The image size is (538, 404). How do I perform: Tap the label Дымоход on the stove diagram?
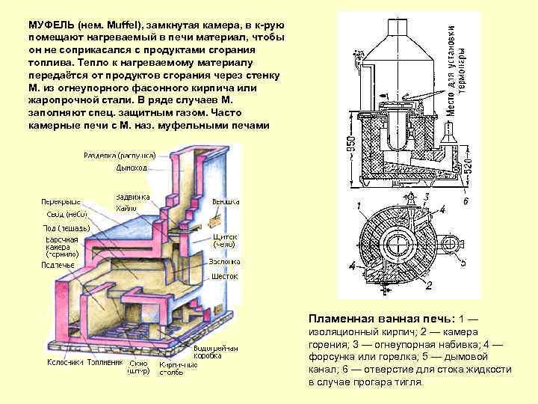coord(132,168)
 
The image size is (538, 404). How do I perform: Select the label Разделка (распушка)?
coord(120,155)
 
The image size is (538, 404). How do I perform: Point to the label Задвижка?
coord(131,197)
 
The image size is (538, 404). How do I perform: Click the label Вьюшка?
coord(225,201)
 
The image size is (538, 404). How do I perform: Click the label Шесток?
coord(225,276)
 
